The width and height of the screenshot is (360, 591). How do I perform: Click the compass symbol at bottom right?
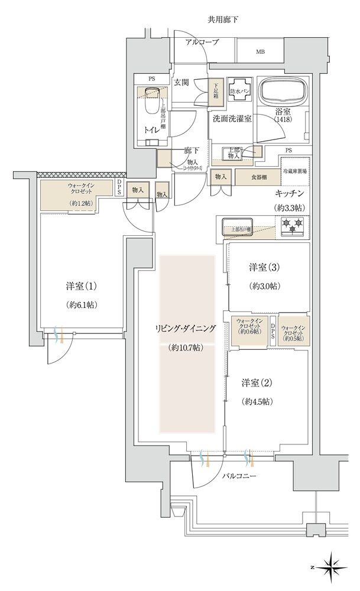point(333,566)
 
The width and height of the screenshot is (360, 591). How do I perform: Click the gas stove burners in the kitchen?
point(292,224)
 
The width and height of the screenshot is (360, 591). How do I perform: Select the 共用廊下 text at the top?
point(223,20)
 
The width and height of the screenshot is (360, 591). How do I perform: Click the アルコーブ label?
point(202,42)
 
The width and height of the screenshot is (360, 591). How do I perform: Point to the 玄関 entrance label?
point(181,82)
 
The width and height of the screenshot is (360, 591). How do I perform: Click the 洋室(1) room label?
point(81,287)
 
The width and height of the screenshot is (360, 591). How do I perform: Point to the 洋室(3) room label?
point(264,268)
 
